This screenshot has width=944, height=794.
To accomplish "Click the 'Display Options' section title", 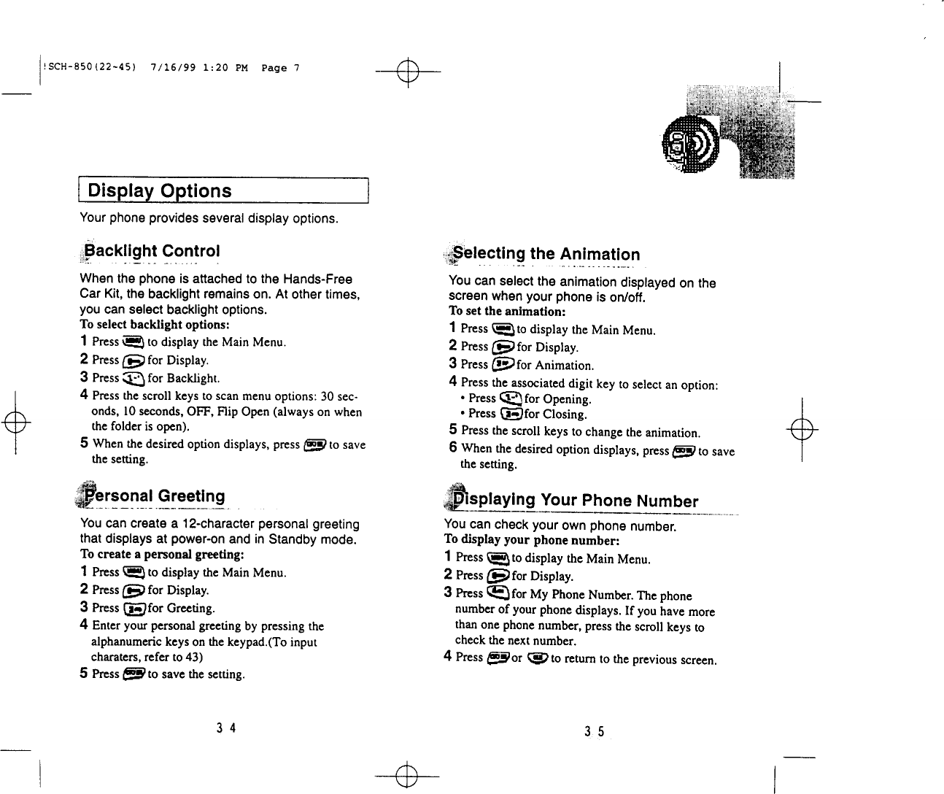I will click(160, 191).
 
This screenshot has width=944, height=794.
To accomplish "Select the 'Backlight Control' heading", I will click(152, 252).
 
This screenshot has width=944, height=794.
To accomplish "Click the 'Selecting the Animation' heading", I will click(546, 255).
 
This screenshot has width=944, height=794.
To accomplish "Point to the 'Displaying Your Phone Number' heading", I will click(576, 501).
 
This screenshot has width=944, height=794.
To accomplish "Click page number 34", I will click(225, 728).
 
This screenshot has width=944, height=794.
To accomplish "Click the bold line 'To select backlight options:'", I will click(155, 325).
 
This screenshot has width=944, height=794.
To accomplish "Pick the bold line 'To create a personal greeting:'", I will click(161, 555).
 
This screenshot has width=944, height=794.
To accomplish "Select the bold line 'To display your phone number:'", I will click(532, 541).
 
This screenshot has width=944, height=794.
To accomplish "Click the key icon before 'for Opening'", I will click(510, 398).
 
